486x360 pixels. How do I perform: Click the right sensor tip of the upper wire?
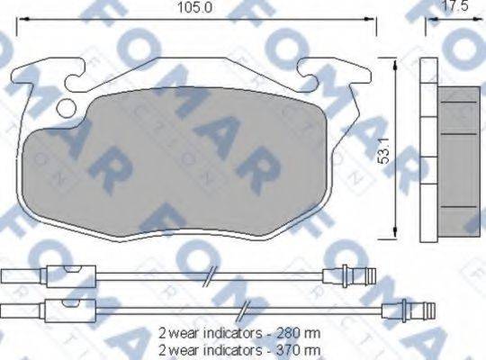355,278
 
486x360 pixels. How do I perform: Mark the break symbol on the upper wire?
209,278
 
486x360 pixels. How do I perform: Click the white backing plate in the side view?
428,148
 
